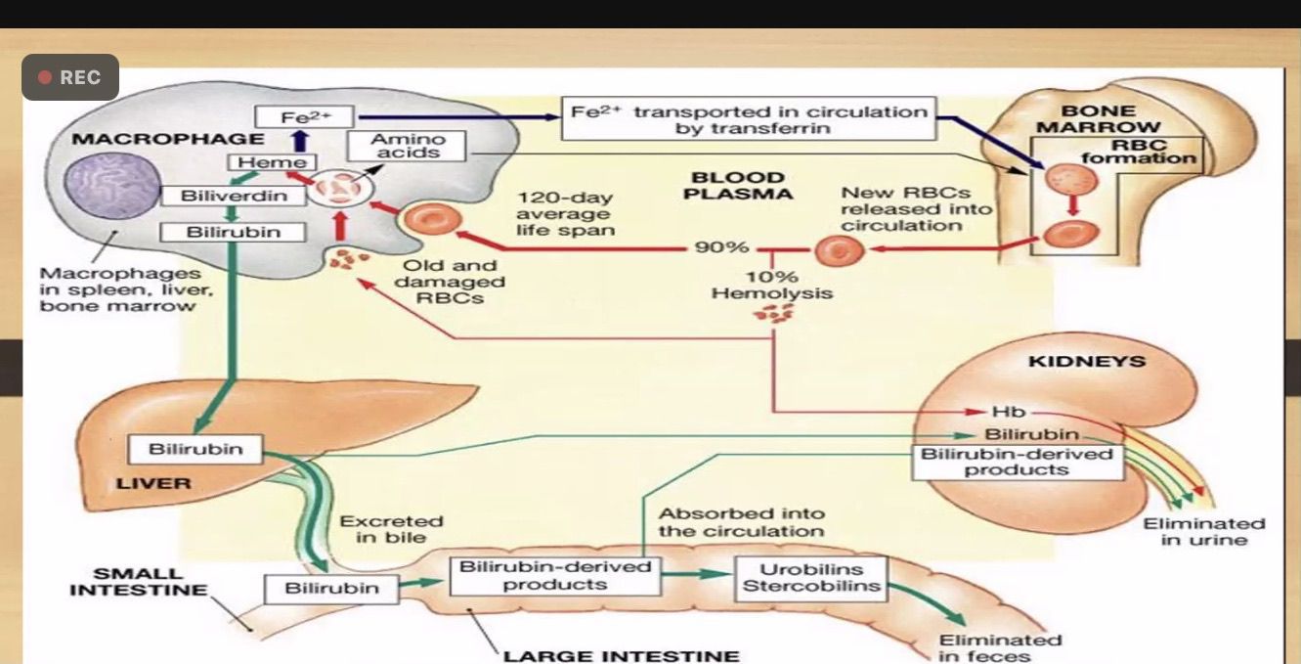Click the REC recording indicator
69,77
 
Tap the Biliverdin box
234,196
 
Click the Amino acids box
408,147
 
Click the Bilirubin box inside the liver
195,450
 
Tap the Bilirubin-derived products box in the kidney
1018,462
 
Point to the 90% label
721,246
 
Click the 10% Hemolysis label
772,285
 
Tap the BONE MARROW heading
1098,119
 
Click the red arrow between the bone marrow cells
1072,206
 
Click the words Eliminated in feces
999,647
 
